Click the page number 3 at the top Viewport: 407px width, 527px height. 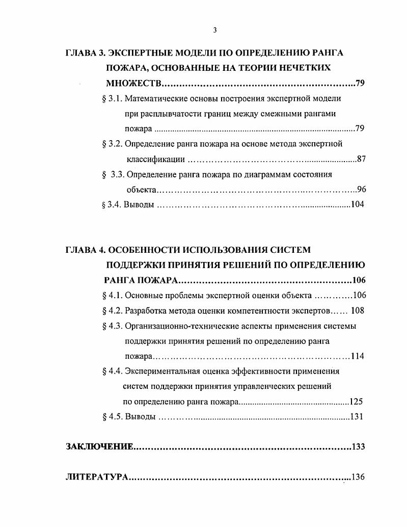pyautogui.click(x=214, y=30)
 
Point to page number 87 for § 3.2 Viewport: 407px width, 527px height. pyautogui.click(x=361, y=159)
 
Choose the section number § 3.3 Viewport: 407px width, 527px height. pyautogui.click(x=113, y=174)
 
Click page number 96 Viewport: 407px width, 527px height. pyautogui.click(x=361, y=190)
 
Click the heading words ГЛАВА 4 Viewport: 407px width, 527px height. pyautogui.click(x=85, y=250)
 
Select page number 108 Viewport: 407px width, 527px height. pyautogui.click(x=358, y=310)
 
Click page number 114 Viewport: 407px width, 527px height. pyautogui.click(x=357, y=356)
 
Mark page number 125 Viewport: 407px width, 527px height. pyautogui.click(x=356, y=401)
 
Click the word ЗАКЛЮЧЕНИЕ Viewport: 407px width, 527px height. pyautogui.click(x=100, y=447)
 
